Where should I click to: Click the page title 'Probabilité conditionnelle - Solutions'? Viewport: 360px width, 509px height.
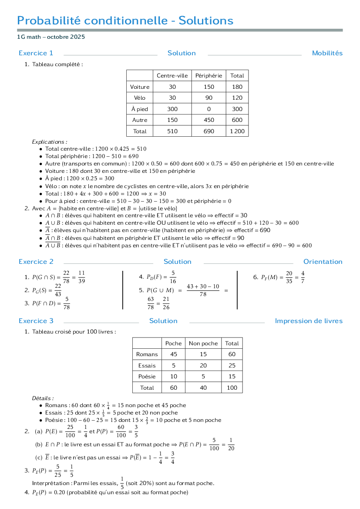pos(125,20)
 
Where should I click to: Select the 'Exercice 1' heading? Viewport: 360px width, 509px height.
pos(36,53)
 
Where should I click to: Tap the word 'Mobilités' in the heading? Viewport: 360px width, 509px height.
pos(327,53)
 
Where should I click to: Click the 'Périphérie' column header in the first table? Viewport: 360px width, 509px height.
pos(209,76)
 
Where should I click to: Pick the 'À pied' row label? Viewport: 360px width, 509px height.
pos(140,109)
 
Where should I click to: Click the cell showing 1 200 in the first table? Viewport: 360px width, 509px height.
pos(237,131)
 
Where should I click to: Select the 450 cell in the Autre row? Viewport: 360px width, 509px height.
pos(209,120)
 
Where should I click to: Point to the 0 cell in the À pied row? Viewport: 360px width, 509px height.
pos(209,109)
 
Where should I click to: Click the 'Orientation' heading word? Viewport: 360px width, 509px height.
pos(323,262)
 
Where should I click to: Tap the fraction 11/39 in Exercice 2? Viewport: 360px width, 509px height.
pos(81,277)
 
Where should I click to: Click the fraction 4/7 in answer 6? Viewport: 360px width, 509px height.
pos(303,277)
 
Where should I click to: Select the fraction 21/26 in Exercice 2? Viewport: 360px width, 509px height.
pos(166,303)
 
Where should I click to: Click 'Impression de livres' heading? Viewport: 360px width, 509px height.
pos(309,321)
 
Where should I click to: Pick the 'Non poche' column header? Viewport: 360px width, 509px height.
pos(203,344)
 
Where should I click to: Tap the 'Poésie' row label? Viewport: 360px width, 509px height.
pos(147,377)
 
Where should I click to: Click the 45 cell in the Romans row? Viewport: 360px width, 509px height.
pos(174,354)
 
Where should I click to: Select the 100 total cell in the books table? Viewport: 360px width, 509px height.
pos(232,388)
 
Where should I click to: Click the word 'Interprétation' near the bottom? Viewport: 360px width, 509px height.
pos(50,483)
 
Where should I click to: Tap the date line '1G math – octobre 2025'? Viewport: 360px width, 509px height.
pos(51,37)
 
